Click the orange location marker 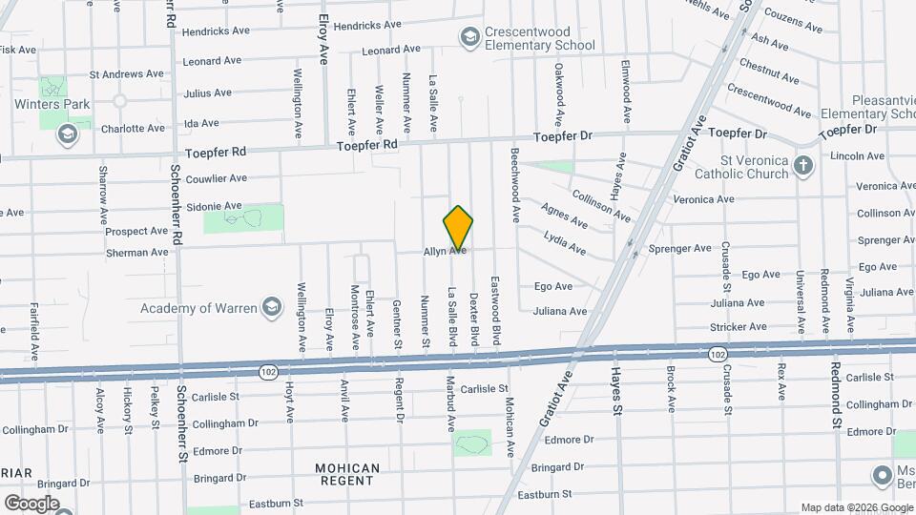click(458, 227)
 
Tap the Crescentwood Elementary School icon click(468, 36)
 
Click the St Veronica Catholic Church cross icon click(803, 167)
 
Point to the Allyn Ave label click(445, 251)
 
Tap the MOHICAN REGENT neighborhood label click(347, 476)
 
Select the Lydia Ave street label click(564, 242)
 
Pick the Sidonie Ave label click(217, 205)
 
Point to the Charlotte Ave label click(133, 128)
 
